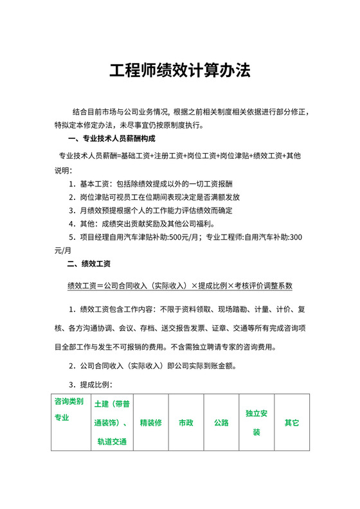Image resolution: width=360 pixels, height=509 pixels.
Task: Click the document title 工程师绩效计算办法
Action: click(179, 70)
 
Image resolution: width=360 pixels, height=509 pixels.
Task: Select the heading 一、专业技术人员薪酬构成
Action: click(111, 139)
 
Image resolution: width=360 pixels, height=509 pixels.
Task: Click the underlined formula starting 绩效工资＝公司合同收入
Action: click(180, 285)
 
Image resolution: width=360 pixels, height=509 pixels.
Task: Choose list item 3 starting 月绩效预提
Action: click(150, 210)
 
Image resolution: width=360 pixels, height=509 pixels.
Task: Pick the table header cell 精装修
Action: click(150, 423)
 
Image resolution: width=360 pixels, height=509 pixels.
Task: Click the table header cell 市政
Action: click(186, 423)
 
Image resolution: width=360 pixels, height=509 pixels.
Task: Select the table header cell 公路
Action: click(221, 423)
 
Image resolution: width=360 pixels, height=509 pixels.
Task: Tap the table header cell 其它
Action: click(292, 423)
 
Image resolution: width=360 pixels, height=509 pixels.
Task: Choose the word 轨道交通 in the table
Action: click(112, 442)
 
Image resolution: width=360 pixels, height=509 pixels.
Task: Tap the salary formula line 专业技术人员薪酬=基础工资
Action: click(180, 156)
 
